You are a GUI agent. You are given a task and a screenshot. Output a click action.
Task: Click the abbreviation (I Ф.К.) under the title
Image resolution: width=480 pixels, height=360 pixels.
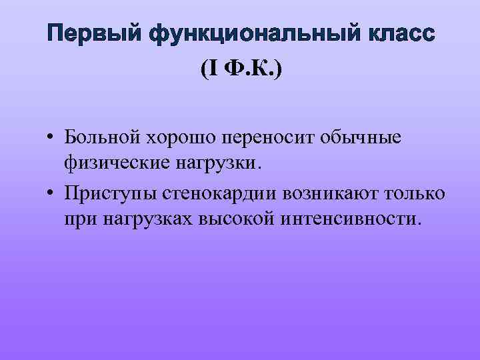click(240, 69)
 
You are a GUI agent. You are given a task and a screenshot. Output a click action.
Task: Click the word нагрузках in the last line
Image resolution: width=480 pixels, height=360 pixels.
click(145, 219)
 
